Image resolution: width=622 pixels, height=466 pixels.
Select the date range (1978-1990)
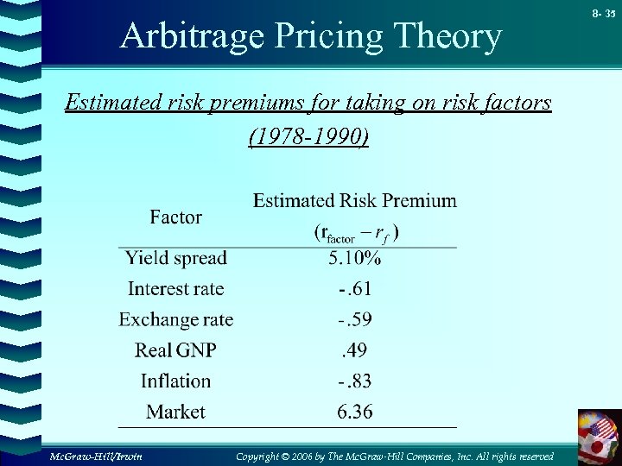coord(308,137)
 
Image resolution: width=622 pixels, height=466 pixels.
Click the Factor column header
coord(175,217)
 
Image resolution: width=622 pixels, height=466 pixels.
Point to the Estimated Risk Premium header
coord(355,201)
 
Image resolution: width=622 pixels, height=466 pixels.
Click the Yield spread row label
coord(175,258)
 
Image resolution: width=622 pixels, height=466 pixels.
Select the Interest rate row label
coord(175,289)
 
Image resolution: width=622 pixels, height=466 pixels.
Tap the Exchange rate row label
coord(176,319)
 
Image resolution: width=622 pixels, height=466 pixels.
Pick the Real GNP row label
coord(175,350)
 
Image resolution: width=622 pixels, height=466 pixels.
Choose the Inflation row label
coord(175,381)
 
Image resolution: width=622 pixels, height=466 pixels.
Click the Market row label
coord(175,412)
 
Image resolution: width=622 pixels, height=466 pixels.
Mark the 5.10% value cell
coord(355,258)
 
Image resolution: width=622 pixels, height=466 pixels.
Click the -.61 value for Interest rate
coord(355,289)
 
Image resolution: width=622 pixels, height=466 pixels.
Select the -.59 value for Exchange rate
coord(355,319)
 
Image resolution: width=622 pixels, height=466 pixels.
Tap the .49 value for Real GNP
coord(355,350)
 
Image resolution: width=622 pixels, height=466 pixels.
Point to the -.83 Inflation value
coord(355,381)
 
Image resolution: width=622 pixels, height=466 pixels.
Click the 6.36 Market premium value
coord(355,412)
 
